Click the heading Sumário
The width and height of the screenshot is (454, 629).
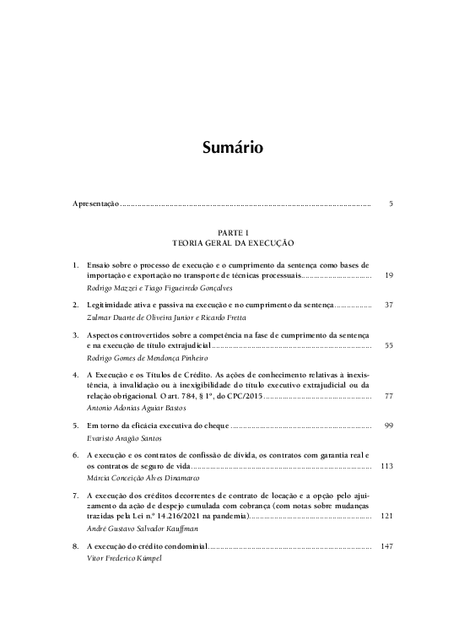[233, 148]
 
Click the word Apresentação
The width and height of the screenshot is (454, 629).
[95, 204]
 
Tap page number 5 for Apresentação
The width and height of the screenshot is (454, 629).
[391, 204]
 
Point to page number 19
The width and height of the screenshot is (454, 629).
[388, 275]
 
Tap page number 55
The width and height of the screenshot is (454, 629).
[388, 345]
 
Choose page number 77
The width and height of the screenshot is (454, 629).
[388, 396]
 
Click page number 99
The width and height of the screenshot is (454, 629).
[388, 427]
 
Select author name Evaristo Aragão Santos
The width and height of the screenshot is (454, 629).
[124, 440]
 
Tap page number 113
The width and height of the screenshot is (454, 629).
[388, 465]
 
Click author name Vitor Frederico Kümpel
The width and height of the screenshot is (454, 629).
[119, 560]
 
